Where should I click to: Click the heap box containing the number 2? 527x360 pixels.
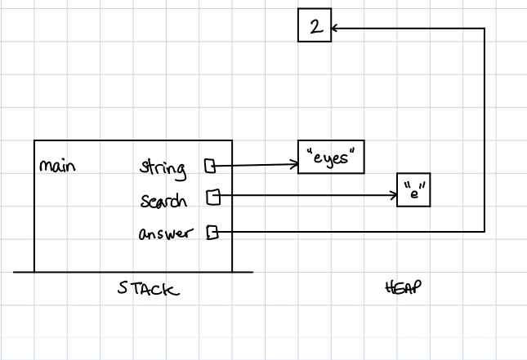(x=315, y=27)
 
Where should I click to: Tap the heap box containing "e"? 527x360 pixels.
(x=413, y=191)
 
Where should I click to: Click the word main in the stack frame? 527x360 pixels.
(x=57, y=166)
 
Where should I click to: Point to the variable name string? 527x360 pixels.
(x=163, y=169)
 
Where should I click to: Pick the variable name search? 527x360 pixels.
(x=163, y=201)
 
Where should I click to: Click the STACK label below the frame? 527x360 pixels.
(x=148, y=289)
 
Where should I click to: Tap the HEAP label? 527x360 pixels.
(x=400, y=288)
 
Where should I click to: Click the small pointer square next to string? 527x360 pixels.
(x=210, y=167)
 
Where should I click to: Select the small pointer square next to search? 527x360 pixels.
(x=212, y=196)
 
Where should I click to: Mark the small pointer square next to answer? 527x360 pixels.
(x=212, y=233)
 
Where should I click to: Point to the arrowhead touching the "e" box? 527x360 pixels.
(x=394, y=196)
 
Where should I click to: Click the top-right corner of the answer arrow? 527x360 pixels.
(x=485, y=29)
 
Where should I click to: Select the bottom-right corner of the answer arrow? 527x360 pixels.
(x=485, y=231)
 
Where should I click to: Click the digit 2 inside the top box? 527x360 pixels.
(x=315, y=27)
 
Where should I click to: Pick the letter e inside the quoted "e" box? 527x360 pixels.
(x=413, y=193)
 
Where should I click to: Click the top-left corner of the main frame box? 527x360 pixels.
(x=34, y=141)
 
